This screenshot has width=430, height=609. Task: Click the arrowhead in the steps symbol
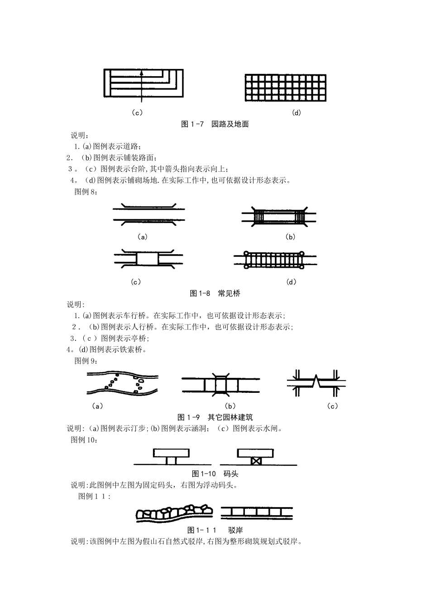(x=142, y=72)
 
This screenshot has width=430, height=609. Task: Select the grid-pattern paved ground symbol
(x=285, y=87)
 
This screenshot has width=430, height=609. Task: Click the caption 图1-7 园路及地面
(x=215, y=124)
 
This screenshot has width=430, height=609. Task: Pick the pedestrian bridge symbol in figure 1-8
(x=279, y=217)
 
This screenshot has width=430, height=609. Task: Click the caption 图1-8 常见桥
(x=215, y=293)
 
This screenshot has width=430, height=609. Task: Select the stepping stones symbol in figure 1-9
(x=123, y=382)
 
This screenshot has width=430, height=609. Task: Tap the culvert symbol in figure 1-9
(x=221, y=385)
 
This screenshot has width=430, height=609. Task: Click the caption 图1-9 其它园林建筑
(x=215, y=417)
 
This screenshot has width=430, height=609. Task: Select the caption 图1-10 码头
(x=215, y=474)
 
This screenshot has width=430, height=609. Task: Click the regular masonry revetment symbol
(x=257, y=513)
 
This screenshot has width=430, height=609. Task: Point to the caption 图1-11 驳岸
(x=215, y=530)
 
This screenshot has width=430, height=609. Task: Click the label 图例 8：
(x=86, y=192)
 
